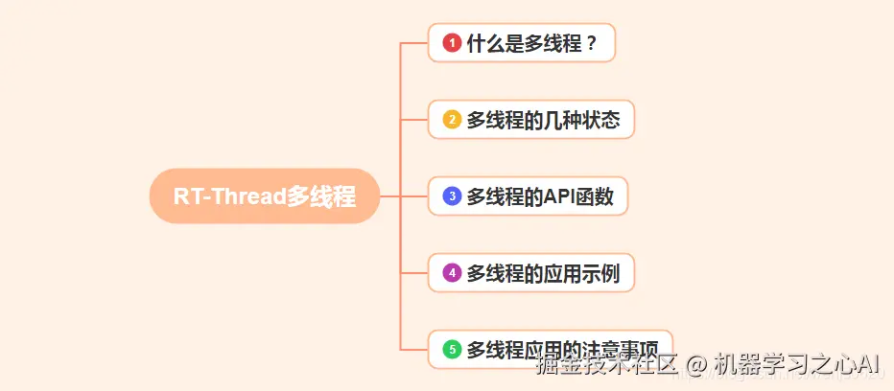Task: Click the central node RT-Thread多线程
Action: pos(265,196)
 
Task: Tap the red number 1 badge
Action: pos(452,43)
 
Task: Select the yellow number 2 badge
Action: pos(452,120)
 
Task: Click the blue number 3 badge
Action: pos(452,196)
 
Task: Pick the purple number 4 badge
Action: pos(452,273)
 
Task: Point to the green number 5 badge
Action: pos(452,350)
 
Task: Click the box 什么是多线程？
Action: pos(521,43)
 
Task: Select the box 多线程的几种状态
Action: pos(530,120)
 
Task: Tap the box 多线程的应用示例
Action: pos(530,273)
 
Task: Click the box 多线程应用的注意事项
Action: pos(551,350)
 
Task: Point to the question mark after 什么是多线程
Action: pos(591,43)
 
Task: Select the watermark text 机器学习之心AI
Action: pos(797,364)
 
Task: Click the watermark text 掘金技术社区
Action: pos(606,364)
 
